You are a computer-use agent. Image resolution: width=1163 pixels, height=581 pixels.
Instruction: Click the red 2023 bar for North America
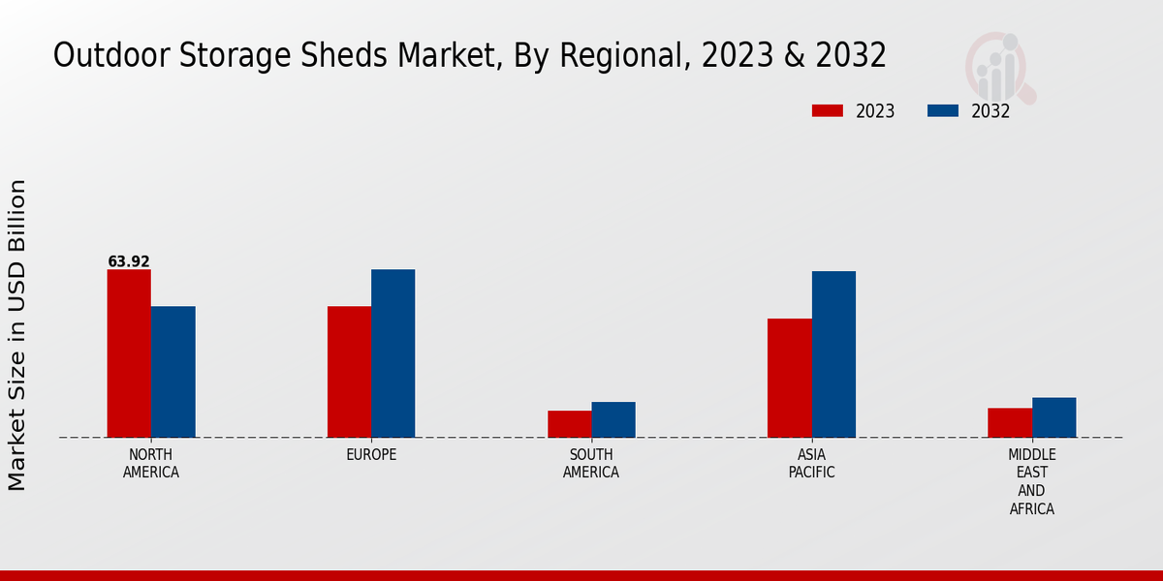[x=129, y=353]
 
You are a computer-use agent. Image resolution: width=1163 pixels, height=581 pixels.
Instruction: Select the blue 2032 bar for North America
[x=173, y=372]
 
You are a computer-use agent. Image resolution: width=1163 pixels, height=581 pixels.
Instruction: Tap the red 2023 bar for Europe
[x=349, y=372]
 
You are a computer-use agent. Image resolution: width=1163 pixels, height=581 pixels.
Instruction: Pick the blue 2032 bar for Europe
[x=393, y=353]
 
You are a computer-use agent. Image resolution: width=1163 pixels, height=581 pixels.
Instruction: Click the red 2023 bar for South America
[x=569, y=424]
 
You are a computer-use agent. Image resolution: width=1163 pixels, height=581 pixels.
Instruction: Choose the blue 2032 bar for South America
[x=613, y=419]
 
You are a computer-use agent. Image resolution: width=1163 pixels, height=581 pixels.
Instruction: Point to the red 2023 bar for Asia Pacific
[x=789, y=378]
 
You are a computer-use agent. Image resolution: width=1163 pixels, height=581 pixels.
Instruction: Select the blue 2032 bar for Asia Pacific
[x=833, y=354]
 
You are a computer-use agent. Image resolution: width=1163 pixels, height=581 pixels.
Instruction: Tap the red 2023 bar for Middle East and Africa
[x=1010, y=422]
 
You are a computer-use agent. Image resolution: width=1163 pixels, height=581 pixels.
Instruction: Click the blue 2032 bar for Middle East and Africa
[x=1053, y=417]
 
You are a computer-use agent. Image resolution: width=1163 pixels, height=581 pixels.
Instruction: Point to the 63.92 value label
[x=129, y=261]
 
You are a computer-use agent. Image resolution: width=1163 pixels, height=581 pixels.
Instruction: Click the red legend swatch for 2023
[x=827, y=110]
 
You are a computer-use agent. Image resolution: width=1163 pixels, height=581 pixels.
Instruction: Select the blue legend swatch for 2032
[x=942, y=110]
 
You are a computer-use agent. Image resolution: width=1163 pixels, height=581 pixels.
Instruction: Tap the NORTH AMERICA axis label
[x=151, y=464]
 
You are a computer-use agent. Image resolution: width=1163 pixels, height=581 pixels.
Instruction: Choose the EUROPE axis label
[x=371, y=455]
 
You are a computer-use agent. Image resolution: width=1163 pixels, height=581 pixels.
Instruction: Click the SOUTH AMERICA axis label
[x=591, y=464]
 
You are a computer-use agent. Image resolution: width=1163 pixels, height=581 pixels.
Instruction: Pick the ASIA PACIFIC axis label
[x=811, y=464]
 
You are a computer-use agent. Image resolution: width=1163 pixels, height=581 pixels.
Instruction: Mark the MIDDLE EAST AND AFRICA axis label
[x=1032, y=481]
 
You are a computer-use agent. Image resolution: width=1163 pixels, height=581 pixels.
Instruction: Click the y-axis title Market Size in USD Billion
[x=17, y=334]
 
